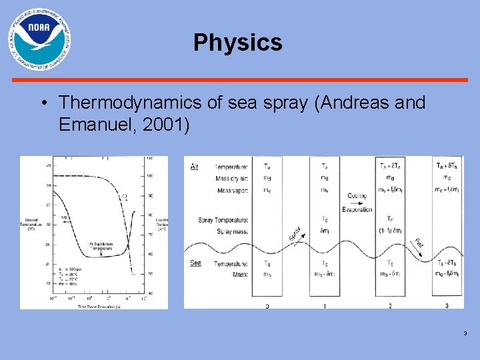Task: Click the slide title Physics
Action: (238, 43)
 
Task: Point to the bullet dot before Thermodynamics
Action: (43, 103)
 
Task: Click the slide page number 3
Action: (464, 334)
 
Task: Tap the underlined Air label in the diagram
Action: (194, 166)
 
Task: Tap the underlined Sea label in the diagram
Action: (195, 263)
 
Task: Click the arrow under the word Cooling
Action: (356, 203)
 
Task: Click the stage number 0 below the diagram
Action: (267, 306)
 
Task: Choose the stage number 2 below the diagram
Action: (390, 306)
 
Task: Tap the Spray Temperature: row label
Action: (223, 220)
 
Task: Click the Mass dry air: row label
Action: (231, 178)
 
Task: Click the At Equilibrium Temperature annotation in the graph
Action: (101, 245)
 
